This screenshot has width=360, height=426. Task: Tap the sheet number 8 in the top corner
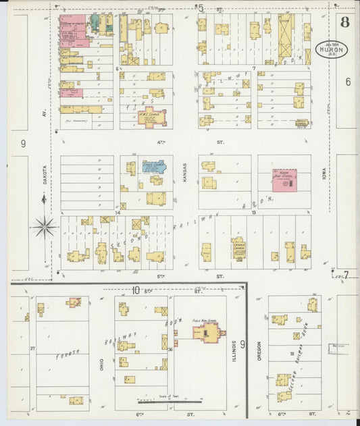click(345, 22)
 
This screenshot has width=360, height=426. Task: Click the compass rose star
click(44, 227)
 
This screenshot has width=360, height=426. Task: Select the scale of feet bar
click(163, 401)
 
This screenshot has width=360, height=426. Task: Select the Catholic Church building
click(238, 249)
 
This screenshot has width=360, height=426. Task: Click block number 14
click(117, 213)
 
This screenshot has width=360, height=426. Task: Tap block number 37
click(32, 348)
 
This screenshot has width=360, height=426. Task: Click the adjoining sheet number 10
click(136, 290)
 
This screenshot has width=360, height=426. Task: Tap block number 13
click(254, 213)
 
